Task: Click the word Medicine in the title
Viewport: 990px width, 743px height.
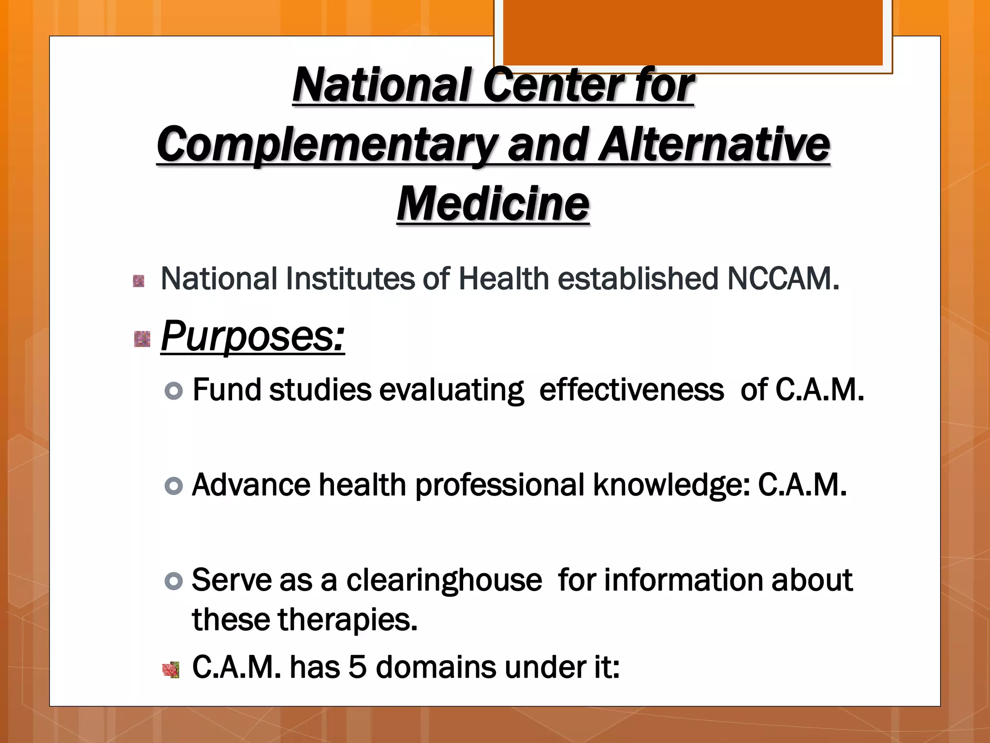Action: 493,204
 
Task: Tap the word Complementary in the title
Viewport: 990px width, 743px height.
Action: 327,145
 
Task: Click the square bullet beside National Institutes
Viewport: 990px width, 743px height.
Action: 139,281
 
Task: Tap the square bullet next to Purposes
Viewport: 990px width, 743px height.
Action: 142,339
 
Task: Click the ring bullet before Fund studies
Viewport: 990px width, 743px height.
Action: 174,391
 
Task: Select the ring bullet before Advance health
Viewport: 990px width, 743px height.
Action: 174,486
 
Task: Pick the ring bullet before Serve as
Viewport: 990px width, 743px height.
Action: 174,580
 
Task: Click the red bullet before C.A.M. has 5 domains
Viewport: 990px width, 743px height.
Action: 171,670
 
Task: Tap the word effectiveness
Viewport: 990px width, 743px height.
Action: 631,390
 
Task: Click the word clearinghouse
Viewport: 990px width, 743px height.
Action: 444,580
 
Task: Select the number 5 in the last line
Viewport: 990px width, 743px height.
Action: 357,668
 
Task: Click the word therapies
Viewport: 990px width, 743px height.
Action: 346,620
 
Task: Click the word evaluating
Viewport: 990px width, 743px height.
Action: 451,391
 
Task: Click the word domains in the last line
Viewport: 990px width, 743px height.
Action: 436,668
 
